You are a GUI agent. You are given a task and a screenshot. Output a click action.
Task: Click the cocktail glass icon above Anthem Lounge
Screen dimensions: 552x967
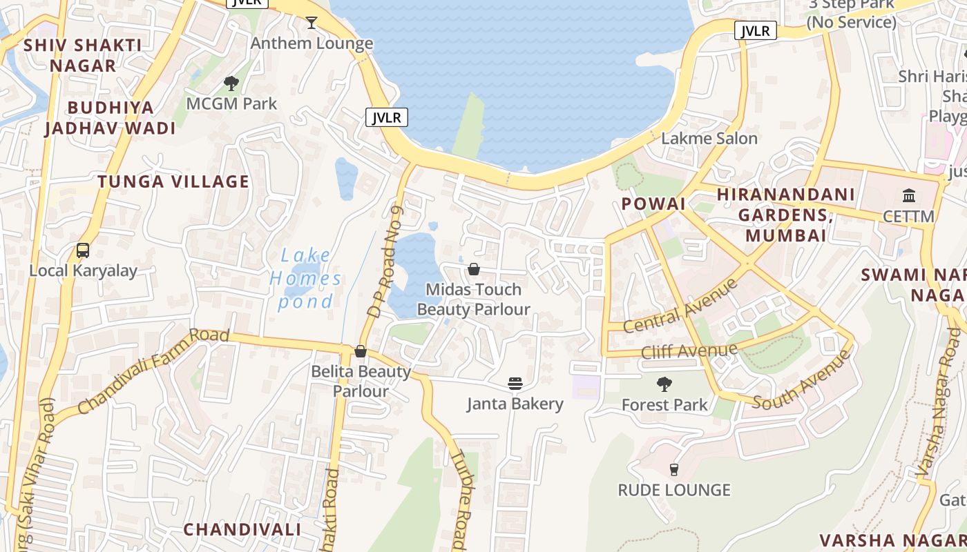pyautogui.click(x=312, y=23)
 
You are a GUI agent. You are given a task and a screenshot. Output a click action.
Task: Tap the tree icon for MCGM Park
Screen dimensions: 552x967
pyautogui.click(x=231, y=83)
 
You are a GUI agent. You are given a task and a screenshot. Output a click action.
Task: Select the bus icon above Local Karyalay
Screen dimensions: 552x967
pyautogui.click(x=83, y=250)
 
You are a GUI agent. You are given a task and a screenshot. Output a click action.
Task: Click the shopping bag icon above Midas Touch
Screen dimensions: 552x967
pyautogui.click(x=474, y=268)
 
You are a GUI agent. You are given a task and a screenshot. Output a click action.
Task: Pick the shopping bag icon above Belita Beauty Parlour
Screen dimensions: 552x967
pyautogui.click(x=360, y=351)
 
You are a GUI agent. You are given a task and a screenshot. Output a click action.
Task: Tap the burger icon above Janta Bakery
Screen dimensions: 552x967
pyautogui.click(x=515, y=383)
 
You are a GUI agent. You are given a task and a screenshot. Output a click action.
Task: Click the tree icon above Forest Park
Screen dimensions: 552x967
pyautogui.click(x=664, y=384)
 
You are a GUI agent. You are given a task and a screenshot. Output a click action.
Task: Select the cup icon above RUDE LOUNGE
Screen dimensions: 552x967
pyautogui.click(x=674, y=469)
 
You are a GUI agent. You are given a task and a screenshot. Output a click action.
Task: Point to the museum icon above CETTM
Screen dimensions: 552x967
pyautogui.click(x=909, y=195)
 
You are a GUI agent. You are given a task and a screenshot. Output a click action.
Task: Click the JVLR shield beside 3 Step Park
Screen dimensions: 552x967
pyautogui.click(x=756, y=31)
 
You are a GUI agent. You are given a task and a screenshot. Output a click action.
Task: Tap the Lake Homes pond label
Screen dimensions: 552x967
pyautogui.click(x=305, y=278)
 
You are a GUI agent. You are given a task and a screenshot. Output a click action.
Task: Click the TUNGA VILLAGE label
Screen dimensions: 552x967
pyautogui.click(x=173, y=181)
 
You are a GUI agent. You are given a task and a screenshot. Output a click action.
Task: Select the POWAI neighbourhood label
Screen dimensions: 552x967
pyautogui.click(x=653, y=204)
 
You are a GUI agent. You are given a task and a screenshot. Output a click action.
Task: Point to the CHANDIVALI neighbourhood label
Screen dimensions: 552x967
pyautogui.click(x=242, y=529)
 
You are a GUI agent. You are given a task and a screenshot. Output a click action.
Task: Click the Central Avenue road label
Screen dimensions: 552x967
pyautogui.click(x=680, y=306)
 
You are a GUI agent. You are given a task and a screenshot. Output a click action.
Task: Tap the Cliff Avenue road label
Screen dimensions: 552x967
pyautogui.click(x=689, y=351)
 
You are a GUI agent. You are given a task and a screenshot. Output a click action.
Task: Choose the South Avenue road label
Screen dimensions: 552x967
pyautogui.click(x=801, y=379)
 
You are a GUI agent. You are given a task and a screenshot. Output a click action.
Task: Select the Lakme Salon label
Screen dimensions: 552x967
pyautogui.click(x=709, y=138)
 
